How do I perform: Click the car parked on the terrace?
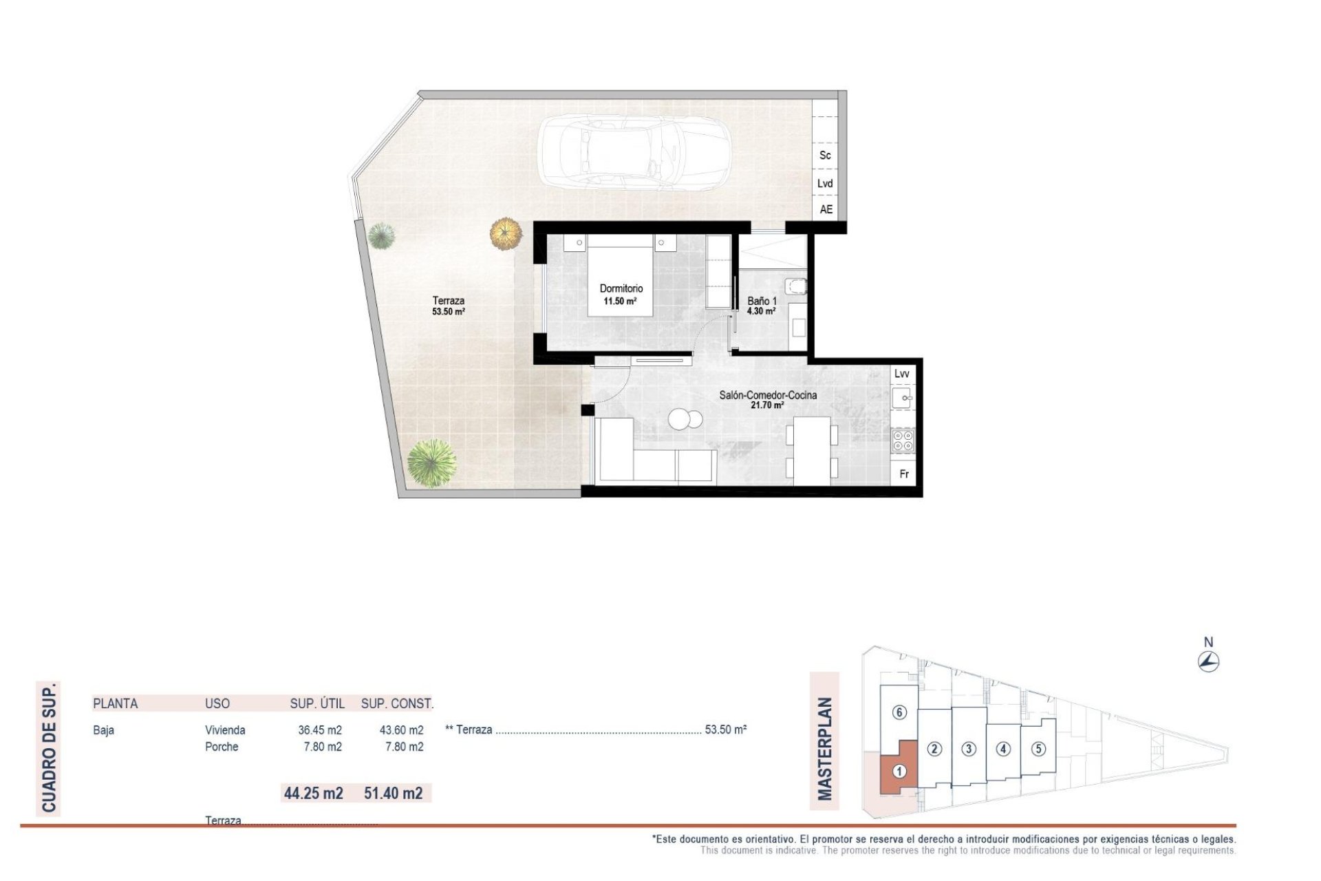pos(634,151)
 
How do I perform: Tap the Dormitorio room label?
pos(621,288)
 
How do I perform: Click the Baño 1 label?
pos(762,301)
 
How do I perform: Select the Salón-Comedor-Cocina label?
pos(768,395)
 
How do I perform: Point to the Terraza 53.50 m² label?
pos(448,306)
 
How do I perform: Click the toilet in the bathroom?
pos(796,286)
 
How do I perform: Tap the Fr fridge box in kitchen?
pos(904,474)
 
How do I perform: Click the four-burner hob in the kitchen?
pos(903,440)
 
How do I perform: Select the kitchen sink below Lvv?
pos(902,398)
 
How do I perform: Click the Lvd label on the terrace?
pos(825,183)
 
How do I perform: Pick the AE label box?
pos(826,209)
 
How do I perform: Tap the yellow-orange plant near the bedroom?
pos(506,233)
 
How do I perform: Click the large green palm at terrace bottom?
pos(431,463)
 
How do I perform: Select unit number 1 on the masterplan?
pos(899,772)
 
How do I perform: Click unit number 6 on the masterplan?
pos(899,712)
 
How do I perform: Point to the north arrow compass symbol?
pos(1208,661)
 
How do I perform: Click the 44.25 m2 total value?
pos(314,793)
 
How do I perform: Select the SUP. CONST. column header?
pos(397,703)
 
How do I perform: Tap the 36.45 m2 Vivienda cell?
pos(320,730)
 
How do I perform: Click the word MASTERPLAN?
pos(824,749)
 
